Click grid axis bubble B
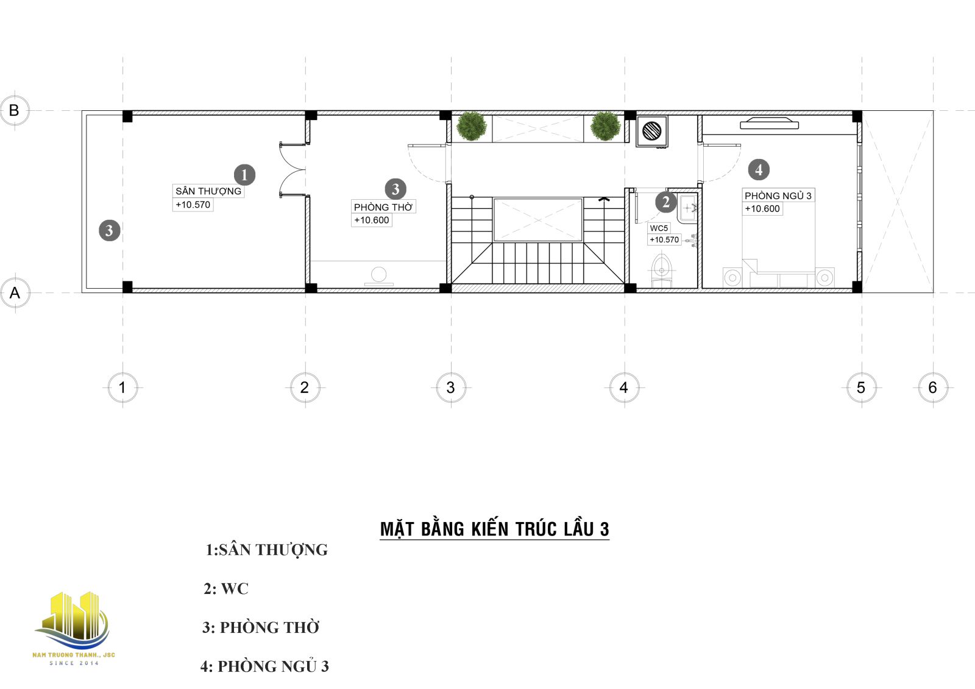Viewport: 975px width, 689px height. coord(15,110)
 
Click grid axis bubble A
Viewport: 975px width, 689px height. coord(15,292)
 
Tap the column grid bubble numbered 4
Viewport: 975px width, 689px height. coord(624,387)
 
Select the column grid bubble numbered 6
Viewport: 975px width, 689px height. coord(933,387)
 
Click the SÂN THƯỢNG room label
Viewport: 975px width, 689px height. coord(208,191)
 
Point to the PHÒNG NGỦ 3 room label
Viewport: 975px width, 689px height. coord(778,196)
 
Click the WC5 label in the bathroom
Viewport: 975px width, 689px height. coord(659,228)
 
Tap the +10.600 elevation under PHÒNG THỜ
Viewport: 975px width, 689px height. coord(371,221)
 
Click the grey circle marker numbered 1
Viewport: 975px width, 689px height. coord(244,175)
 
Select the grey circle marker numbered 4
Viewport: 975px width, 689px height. coord(759,169)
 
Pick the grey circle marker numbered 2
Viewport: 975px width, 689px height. coord(665,202)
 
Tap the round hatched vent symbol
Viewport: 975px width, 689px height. coord(651,131)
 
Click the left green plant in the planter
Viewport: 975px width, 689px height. coord(472,126)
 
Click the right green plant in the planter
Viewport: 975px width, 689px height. coord(605,126)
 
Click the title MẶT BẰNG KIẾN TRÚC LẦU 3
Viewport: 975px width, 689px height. coord(494,529)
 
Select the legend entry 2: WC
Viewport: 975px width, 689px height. coord(226,588)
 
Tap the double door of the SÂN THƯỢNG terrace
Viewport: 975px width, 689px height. coord(292,170)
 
